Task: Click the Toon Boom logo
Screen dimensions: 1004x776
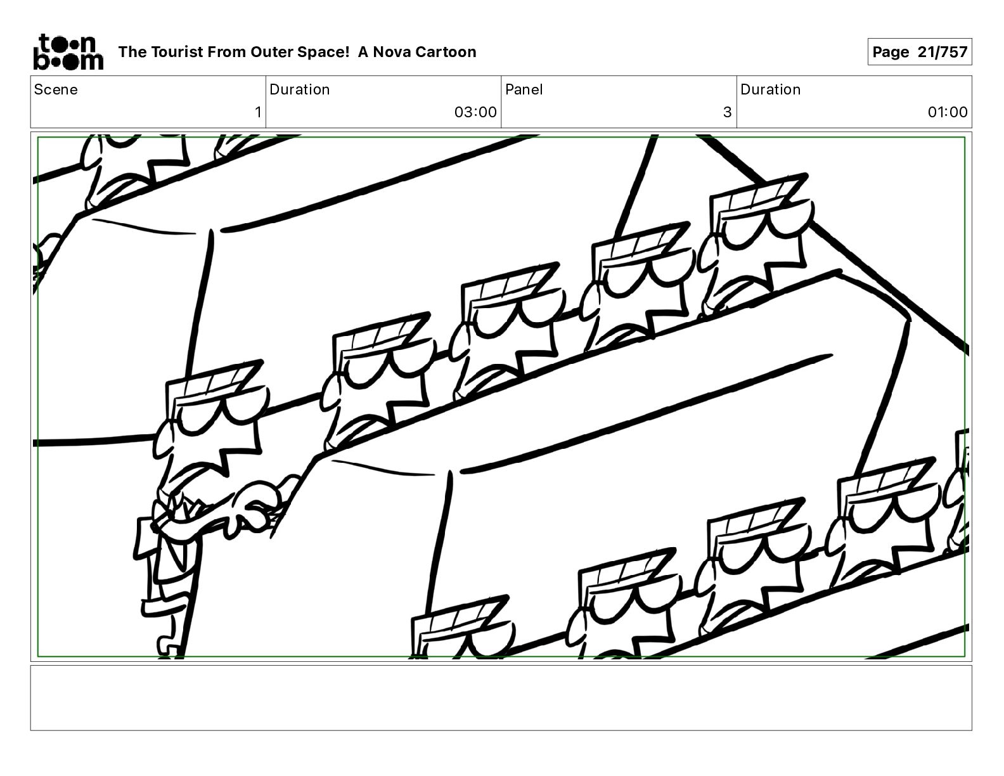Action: click(x=68, y=52)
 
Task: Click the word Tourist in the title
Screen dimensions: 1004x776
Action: click(x=176, y=52)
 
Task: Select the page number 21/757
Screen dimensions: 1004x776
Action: click(x=942, y=52)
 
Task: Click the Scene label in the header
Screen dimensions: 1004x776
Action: click(x=56, y=89)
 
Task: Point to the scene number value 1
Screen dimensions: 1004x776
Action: click(x=258, y=112)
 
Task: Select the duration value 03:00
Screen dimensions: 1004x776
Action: click(x=475, y=112)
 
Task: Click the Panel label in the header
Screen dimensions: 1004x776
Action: click(x=524, y=89)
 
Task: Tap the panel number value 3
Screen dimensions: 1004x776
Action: click(x=727, y=112)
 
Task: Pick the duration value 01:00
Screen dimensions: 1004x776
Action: click(x=948, y=112)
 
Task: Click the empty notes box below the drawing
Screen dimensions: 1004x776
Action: click(x=501, y=698)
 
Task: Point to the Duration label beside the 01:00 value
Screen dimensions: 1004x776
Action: click(x=770, y=89)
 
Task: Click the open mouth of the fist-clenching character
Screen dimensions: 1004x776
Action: click(x=185, y=506)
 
